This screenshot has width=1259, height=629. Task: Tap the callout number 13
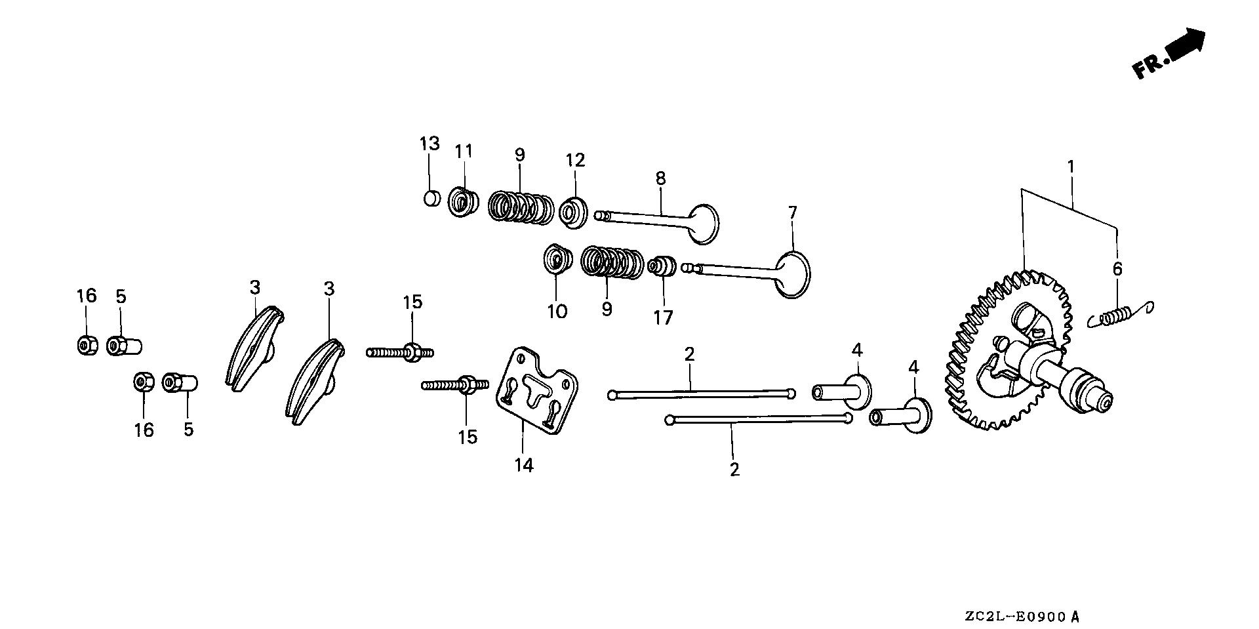point(430,143)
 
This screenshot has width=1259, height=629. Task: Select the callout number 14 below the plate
point(524,466)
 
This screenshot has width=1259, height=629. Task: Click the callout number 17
point(663,317)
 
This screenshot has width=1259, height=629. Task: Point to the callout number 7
point(792,213)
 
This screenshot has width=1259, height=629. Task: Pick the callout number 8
point(660,178)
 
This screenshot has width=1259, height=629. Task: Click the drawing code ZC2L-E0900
point(1022,617)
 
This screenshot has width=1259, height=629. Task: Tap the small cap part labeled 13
point(431,197)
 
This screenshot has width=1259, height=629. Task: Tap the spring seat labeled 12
point(574,211)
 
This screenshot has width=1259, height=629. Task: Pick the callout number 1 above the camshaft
point(1071,167)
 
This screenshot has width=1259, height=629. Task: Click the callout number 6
point(1117,268)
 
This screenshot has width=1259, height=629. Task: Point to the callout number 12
point(575,160)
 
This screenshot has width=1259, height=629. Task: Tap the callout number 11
point(464,151)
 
